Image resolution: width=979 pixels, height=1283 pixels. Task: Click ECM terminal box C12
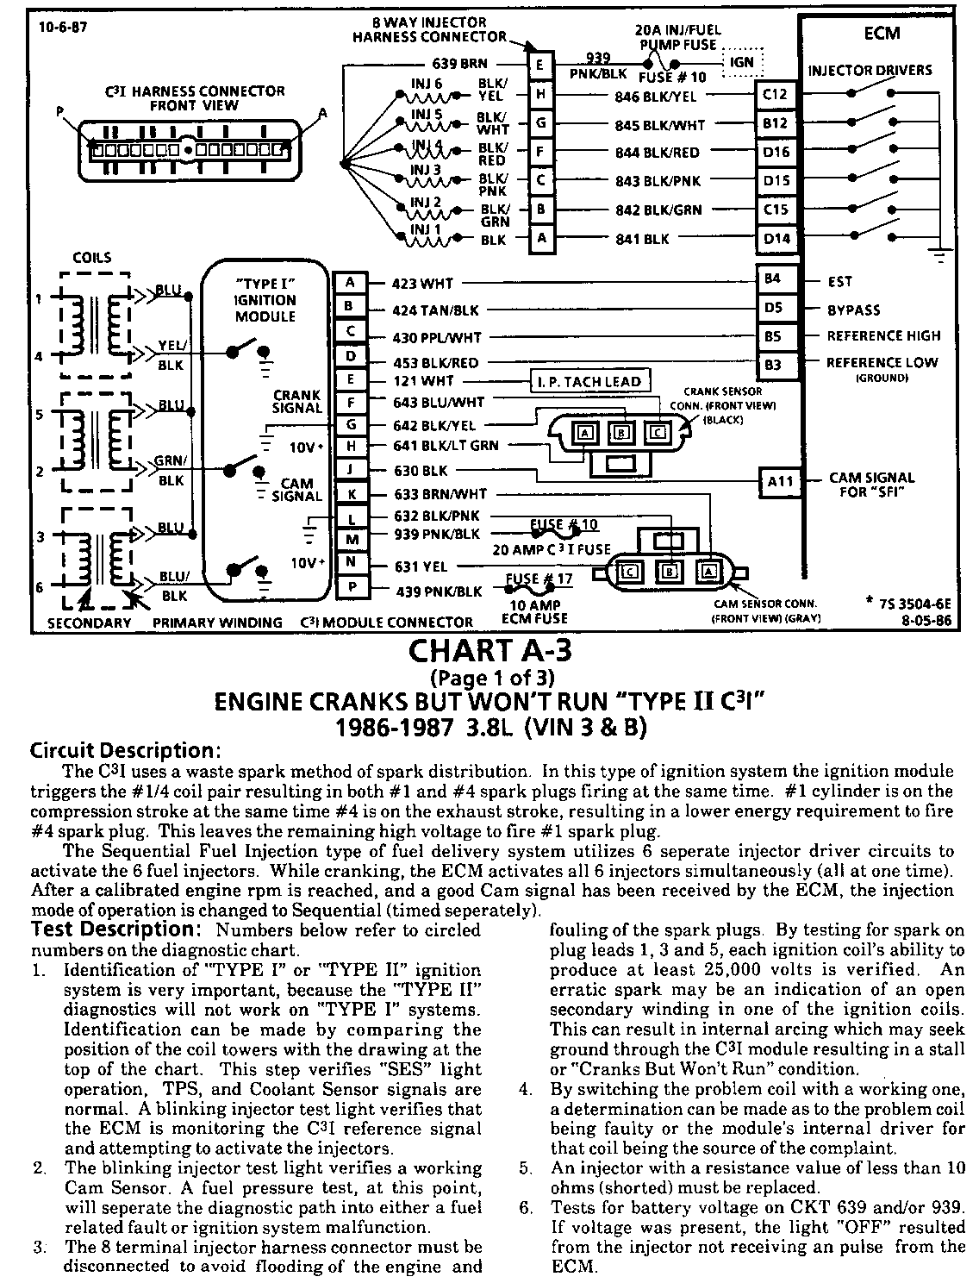tap(775, 96)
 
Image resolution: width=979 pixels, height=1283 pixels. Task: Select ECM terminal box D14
tap(775, 238)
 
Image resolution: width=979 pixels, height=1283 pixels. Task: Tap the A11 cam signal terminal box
tap(780, 482)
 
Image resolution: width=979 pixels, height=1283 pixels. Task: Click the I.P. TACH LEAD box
tap(589, 382)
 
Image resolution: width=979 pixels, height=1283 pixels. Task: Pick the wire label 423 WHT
tap(422, 283)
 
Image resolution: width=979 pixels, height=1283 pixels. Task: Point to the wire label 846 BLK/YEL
tap(656, 97)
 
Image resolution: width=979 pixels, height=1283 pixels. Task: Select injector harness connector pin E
tap(540, 65)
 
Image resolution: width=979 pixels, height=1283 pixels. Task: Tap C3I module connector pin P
tap(350, 591)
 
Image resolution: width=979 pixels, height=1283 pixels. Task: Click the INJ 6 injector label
tap(427, 84)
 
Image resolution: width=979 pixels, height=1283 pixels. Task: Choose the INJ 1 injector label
tap(425, 229)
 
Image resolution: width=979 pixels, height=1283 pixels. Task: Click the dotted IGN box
tap(741, 62)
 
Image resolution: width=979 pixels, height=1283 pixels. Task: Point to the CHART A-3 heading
tap(490, 649)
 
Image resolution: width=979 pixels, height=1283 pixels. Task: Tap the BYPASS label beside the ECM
tap(854, 309)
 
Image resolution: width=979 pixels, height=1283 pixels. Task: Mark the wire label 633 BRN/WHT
tap(440, 494)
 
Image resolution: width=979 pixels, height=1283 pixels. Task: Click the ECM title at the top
tap(882, 33)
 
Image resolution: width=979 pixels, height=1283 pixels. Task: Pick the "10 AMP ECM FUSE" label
tap(535, 611)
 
